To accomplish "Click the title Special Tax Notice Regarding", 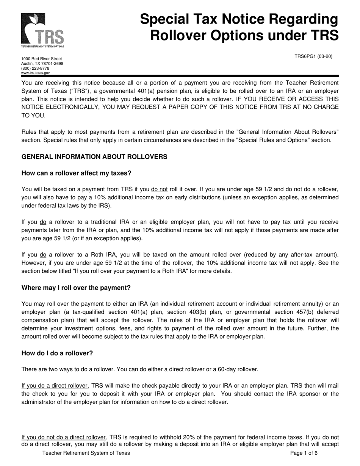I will pos(239,19).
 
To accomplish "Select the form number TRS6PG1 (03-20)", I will pos(313,56).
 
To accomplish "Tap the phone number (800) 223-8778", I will pos(35,69).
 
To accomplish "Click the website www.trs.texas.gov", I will pos(35,73).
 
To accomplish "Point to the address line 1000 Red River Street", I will pos(41,59).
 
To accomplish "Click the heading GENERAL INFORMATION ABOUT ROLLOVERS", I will pos(94,157).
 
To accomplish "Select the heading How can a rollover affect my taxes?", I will pos(76,173).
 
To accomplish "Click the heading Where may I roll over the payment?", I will pos(76,288).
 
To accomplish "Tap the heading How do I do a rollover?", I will pos(57,353).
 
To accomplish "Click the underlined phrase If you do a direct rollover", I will pos(55,386).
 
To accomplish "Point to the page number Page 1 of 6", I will pos(304,453).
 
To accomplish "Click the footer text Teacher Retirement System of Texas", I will pos(86,453).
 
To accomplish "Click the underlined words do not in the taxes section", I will pos(159,189).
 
